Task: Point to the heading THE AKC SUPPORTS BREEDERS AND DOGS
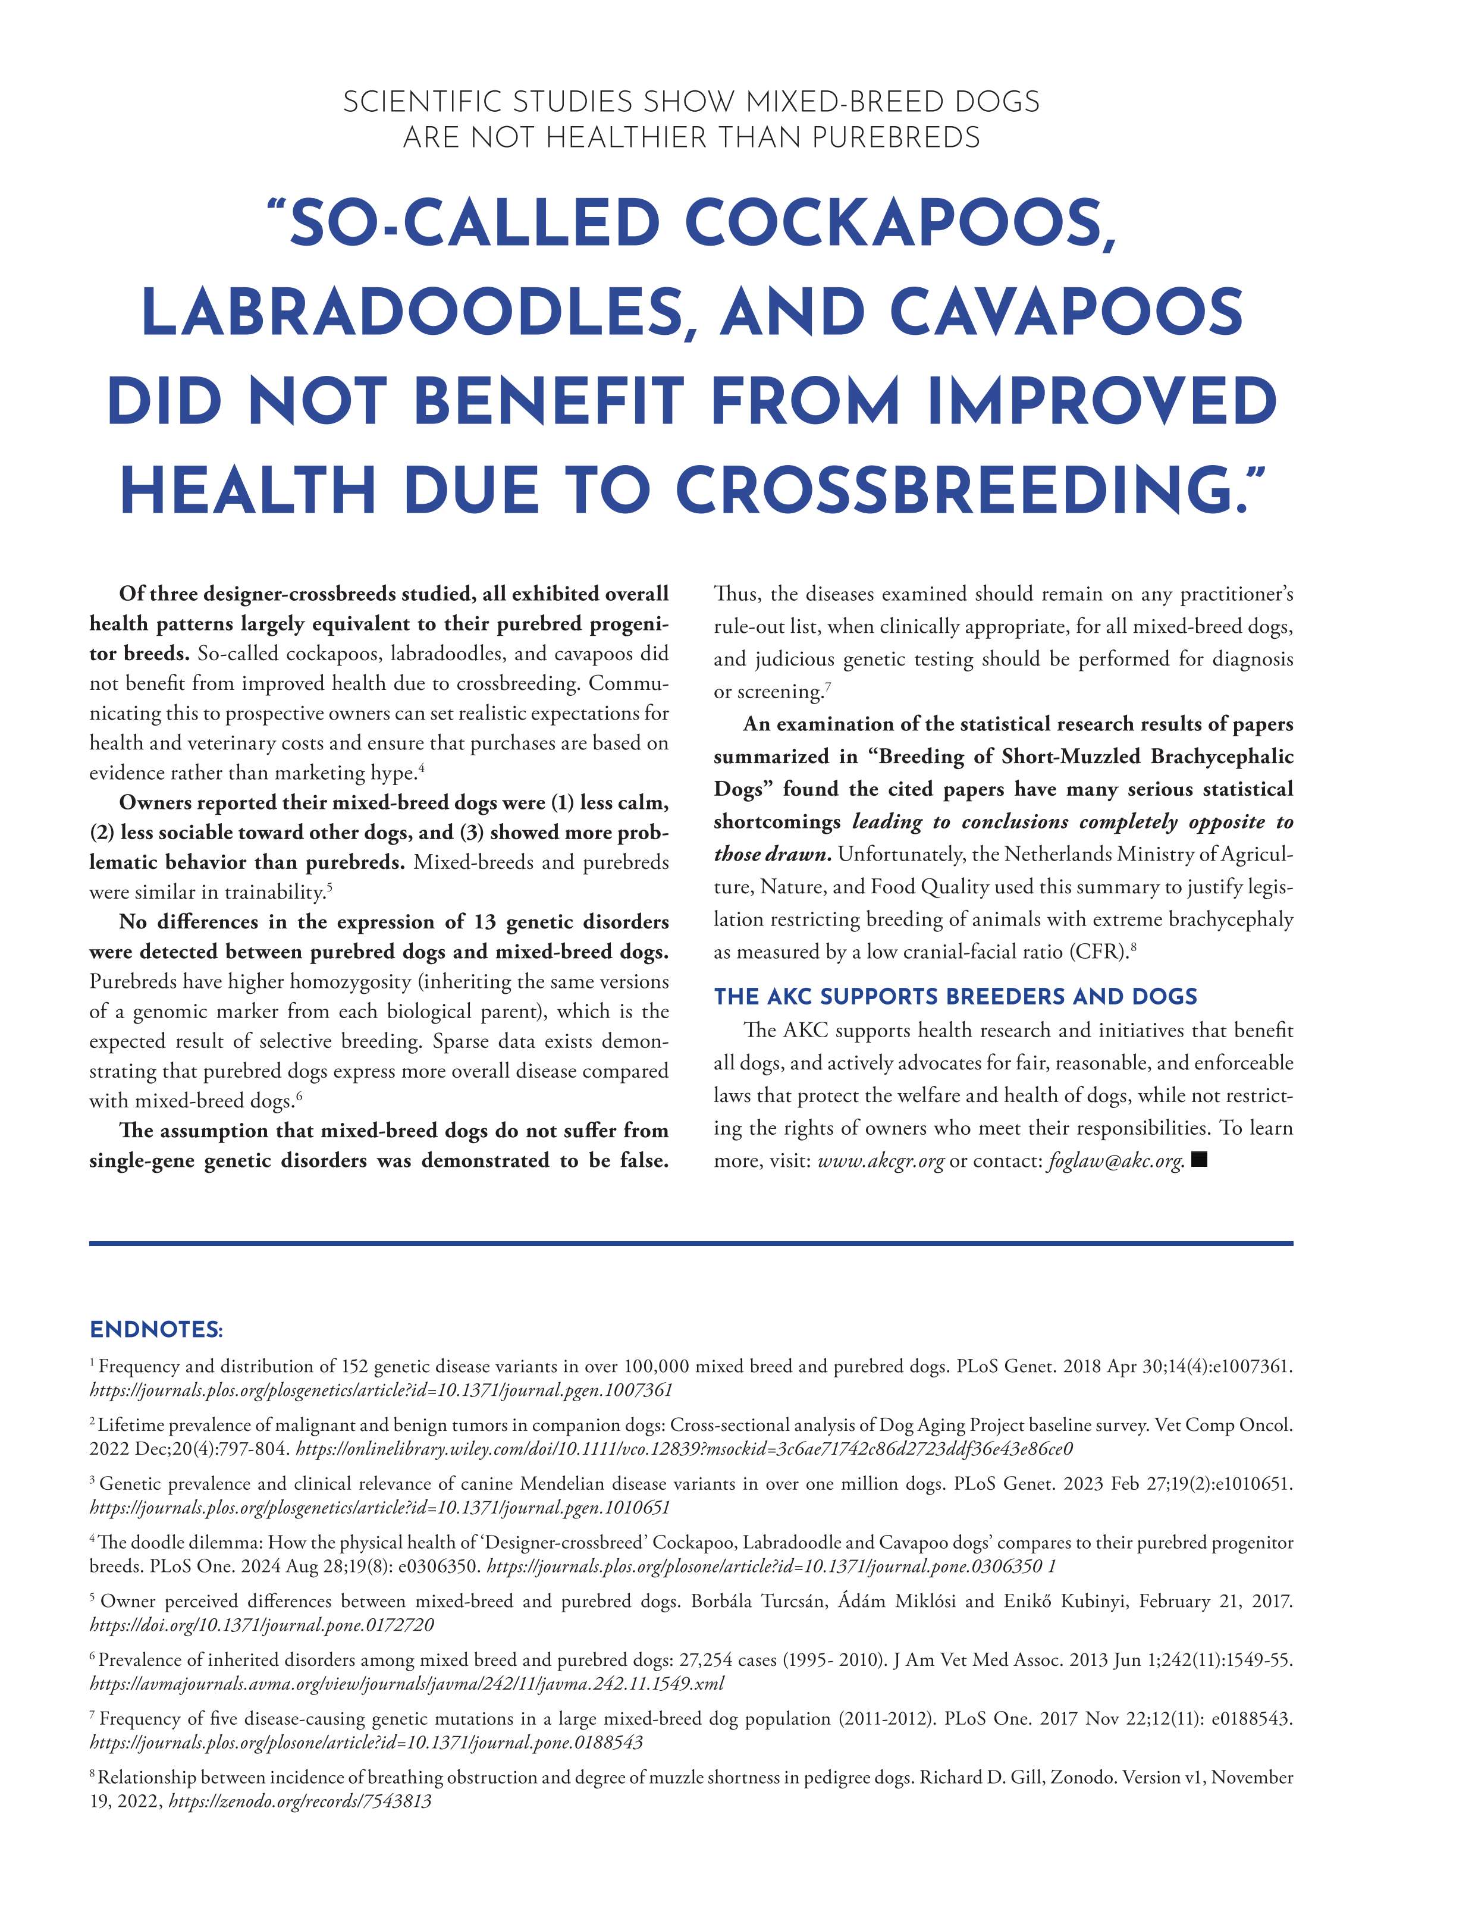pyautogui.click(x=955, y=996)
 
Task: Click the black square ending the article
pyautogui.click(x=1200, y=1159)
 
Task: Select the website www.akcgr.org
pyautogui.click(x=881, y=1161)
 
